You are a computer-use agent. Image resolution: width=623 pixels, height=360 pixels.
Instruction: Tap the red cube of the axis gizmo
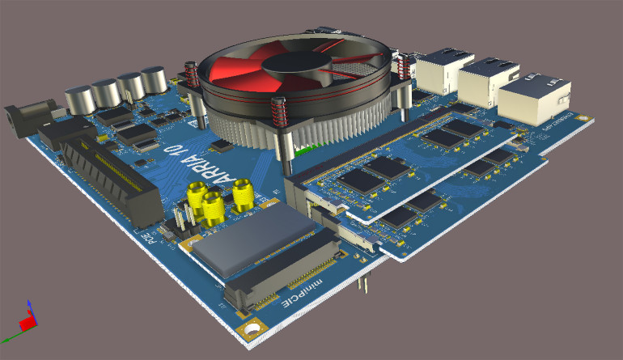coord(28,323)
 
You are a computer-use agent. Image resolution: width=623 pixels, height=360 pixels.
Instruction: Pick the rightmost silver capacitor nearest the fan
coord(153,82)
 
